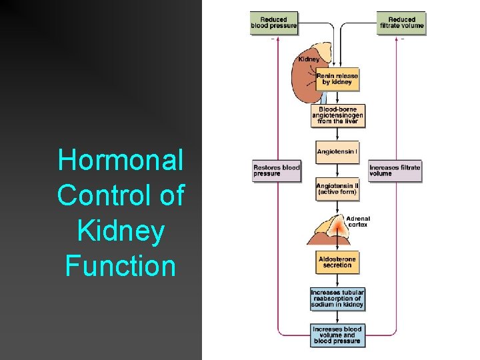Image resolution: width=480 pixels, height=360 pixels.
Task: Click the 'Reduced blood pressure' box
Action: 273,23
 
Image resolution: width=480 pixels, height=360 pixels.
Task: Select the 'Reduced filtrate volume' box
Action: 401,23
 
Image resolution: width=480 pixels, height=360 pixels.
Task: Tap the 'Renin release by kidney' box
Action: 337,79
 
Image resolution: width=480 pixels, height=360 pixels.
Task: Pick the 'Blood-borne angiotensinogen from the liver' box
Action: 337,115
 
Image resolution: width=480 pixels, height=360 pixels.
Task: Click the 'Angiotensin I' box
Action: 337,152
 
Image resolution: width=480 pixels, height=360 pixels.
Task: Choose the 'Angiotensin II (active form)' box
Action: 337,189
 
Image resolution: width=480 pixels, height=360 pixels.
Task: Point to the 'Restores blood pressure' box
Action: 276,170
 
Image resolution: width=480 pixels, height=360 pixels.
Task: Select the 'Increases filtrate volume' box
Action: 394,170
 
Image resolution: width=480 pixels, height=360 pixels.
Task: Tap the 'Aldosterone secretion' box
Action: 337,261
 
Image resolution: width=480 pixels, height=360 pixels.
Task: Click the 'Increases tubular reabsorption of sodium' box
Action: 337,299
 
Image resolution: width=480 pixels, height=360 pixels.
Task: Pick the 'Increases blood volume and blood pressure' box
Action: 337,335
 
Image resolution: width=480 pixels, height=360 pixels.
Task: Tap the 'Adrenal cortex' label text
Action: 357,221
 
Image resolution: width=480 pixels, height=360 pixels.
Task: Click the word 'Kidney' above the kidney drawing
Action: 309,59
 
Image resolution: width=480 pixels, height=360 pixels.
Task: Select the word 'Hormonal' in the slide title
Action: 121,160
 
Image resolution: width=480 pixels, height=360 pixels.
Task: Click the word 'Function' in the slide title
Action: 121,265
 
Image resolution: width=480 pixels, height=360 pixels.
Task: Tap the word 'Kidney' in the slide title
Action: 121,231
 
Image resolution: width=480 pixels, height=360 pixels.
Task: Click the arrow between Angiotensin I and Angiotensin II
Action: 337,170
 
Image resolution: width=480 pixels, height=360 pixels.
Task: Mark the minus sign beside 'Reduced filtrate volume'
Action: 402,39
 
